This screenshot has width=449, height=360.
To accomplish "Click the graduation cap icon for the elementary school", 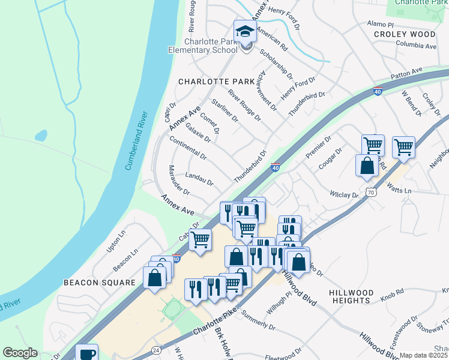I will (245, 31).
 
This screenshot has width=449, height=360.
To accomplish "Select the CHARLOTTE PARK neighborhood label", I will (208, 81).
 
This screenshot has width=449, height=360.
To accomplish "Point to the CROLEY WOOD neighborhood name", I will (404, 34).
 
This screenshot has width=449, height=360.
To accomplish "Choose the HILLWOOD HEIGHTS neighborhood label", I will (350, 296).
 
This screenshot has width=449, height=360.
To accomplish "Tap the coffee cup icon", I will (88, 353).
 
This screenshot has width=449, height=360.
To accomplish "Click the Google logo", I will (20, 353).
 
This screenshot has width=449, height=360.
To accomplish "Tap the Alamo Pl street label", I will (379, 25).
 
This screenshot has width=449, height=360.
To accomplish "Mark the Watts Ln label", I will (400, 190).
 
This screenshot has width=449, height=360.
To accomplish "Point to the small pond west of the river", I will (41, 136).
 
